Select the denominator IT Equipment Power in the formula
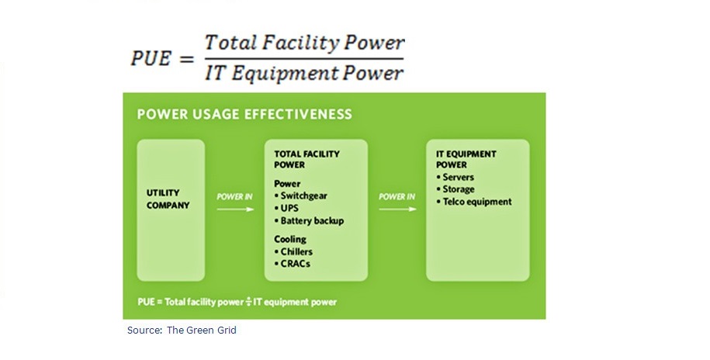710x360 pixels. tap(304, 74)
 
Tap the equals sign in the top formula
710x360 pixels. tap(186, 60)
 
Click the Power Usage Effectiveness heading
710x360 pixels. tap(244, 114)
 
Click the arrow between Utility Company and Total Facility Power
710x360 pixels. tap(234, 207)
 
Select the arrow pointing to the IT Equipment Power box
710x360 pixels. tap(397, 207)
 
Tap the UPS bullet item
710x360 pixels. tap(289, 208)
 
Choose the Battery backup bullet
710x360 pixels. tap(309, 220)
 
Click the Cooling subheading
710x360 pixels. tap(290, 239)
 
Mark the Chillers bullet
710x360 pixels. tap(294, 251)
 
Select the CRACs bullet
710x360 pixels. tap(292, 264)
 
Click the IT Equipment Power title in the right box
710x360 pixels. tap(466, 159)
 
